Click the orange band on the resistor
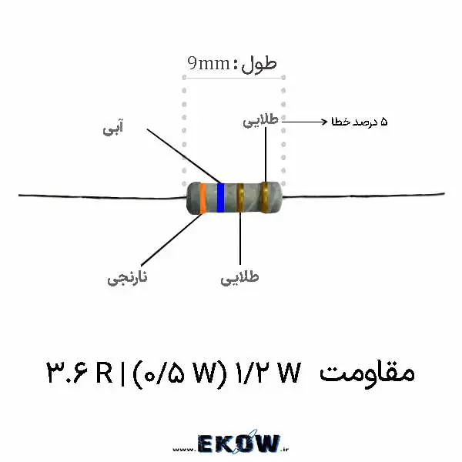(203, 198)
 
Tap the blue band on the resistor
(220, 197)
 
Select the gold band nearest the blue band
(240, 197)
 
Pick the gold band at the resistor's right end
(265, 197)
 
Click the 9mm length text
(209, 63)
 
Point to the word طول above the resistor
(259, 64)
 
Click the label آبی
(113, 128)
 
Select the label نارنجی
(127, 277)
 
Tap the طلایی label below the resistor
(239, 277)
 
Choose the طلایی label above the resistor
(261, 121)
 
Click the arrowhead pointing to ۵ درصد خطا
(324, 122)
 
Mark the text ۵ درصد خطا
(360, 122)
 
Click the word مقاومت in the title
(367, 373)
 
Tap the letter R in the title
(104, 372)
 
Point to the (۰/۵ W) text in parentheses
(180, 374)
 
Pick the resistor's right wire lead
(363, 195)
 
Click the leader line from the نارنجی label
(172, 239)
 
